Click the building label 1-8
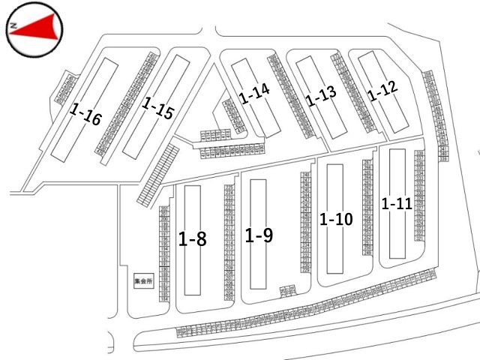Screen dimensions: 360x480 (193, 239)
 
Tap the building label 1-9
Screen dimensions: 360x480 (259, 235)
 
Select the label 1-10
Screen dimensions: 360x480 (335, 219)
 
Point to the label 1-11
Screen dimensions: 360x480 (397, 203)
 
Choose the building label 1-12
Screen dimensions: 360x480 (382, 91)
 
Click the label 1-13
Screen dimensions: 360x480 (320, 96)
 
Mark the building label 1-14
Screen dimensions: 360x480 (254, 94)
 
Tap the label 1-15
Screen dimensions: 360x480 (157, 109)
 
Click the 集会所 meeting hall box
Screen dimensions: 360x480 (142, 282)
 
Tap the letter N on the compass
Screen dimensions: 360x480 (13, 27)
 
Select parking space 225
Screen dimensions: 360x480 (229, 186)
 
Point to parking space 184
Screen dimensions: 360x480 (163, 299)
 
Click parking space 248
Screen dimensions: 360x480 (306, 174)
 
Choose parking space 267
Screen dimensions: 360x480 (367, 162)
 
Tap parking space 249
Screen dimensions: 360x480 (367, 253)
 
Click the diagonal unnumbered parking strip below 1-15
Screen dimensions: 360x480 (158, 173)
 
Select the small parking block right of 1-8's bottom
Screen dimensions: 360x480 (286, 289)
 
